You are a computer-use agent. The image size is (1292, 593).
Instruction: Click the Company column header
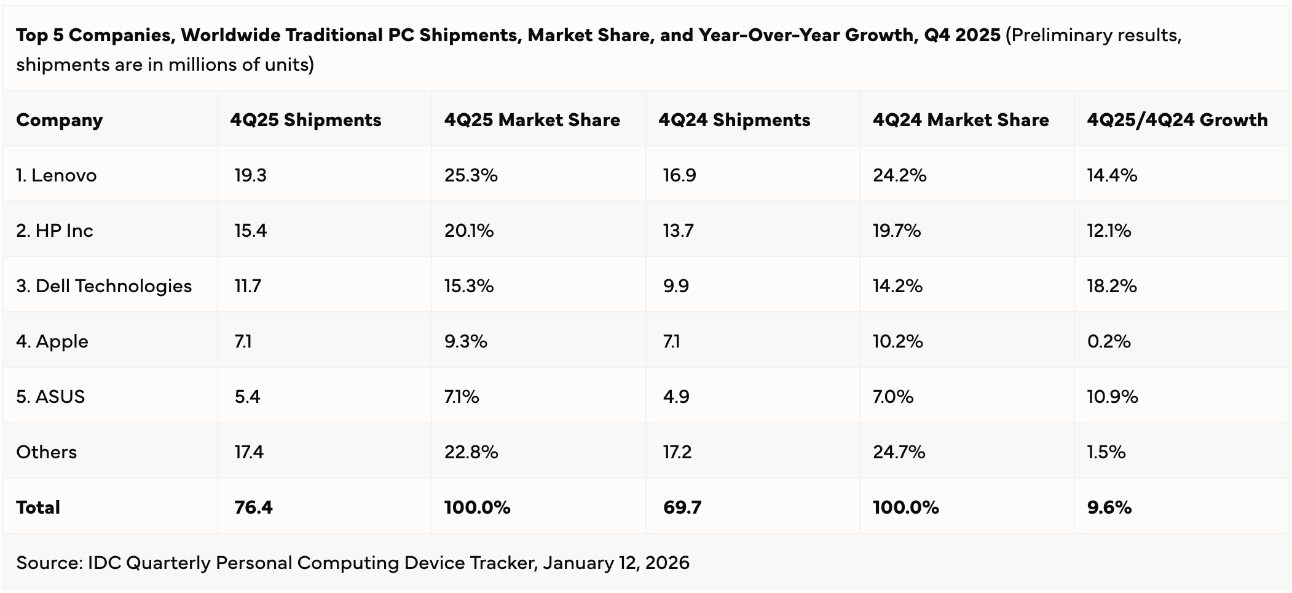point(59,120)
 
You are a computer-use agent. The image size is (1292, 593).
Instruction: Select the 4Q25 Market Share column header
point(532,120)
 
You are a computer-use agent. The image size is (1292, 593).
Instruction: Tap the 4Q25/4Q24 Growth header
point(1177,120)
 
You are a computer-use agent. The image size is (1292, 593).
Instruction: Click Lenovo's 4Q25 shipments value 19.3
point(250,175)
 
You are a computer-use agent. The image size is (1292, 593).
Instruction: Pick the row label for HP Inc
point(55,231)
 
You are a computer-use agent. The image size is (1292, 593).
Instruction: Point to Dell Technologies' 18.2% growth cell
point(1111,286)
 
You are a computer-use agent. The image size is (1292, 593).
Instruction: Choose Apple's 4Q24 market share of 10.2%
point(897,341)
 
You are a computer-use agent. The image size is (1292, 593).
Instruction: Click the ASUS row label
point(50,397)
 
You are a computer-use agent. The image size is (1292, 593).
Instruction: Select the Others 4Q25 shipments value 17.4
point(249,452)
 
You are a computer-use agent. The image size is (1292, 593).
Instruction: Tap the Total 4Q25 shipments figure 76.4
point(253,507)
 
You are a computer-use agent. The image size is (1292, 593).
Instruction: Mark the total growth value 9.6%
point(1109,507)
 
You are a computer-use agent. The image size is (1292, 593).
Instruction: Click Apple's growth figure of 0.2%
point(1109,341)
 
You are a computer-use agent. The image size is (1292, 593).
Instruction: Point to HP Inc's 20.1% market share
point(468,231)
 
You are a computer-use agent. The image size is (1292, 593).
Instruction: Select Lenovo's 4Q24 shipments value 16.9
point(679,175)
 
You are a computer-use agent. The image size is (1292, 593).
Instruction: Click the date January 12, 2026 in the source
point(616,563)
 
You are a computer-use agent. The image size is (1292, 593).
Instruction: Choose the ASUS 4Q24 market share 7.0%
point(892,397)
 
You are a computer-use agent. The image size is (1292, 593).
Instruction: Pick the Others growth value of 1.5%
point(1106,452)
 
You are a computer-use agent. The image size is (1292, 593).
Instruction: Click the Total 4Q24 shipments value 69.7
point(682,507)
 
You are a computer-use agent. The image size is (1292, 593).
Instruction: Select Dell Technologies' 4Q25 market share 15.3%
point(468,286)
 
